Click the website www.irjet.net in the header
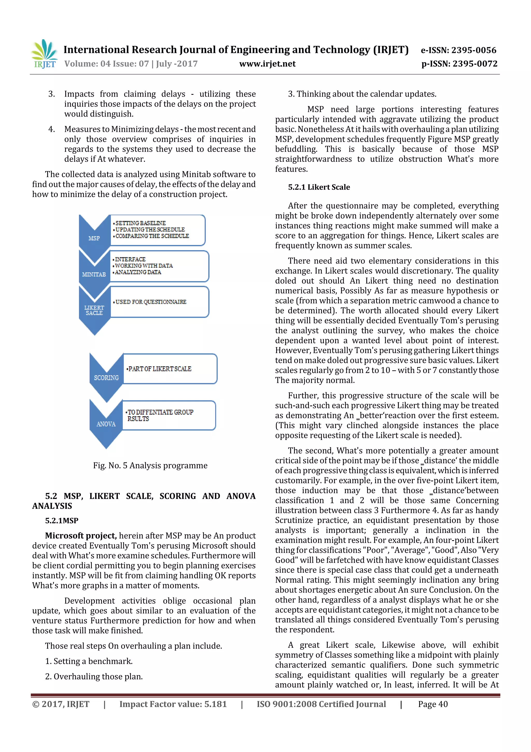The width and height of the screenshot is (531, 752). pos(267,64)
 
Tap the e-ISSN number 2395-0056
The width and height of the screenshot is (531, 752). pos(474,50)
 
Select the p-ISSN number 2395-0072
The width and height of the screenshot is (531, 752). pos(474,64)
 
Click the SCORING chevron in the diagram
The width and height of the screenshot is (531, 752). pos(106,377)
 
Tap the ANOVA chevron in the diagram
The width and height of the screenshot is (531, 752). pos(106,424)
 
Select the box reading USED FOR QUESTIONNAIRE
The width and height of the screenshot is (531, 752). pos(160,302)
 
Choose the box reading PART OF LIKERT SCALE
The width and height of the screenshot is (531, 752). pos(170,369)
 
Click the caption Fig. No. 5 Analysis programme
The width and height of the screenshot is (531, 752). pos(150,465)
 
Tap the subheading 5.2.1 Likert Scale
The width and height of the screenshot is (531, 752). pos(319,187)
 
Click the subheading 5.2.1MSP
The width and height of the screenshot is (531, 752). pos(61,520)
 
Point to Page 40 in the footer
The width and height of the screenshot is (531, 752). pos(432,704)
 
